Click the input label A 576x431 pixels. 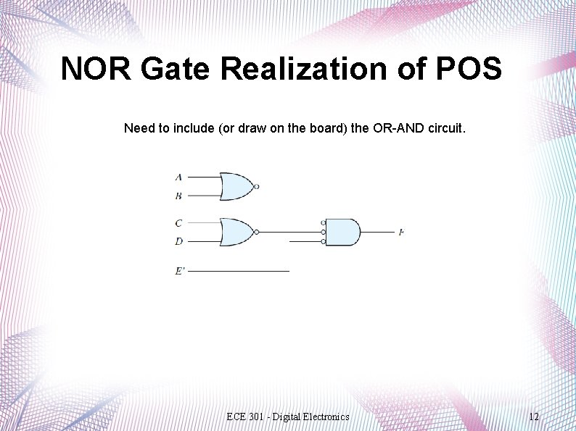tap(178, 177)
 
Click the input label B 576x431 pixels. tap(178, 196)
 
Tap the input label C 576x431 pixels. tap(178, 223)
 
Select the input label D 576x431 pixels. tap(178, 241)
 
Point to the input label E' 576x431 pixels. tap(179, 271)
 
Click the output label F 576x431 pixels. tap(400, 233)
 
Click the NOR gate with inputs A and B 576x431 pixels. tap(236, 186)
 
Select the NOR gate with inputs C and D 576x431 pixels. tap(236, 232)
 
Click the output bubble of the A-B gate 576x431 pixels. tap(257, 186)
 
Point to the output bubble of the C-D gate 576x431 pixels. tap(257, 232)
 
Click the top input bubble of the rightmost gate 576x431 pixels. tap(323, 223)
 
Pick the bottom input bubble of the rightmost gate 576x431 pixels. tap(323, 241)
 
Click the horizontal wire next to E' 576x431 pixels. tap(239, 271)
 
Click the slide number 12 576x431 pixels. tap(534, 417)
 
